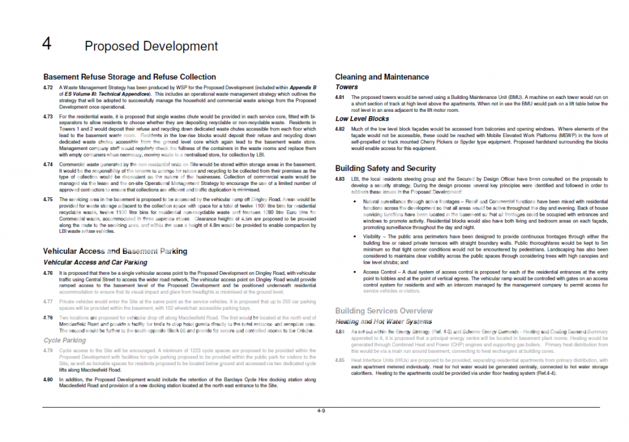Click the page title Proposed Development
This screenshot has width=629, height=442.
click(151, 46)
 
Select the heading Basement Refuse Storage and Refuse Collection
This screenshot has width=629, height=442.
click(129, 77)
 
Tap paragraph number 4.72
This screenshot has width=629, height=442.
click(48, 88)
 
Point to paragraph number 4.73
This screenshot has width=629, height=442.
click(48, 116)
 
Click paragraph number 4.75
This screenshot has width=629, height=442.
click(48, 199)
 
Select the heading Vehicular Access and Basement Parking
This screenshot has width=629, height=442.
click(115, 251)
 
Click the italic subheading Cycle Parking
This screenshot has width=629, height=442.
click(64, 340)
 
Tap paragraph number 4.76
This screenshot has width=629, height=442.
click(48, 272)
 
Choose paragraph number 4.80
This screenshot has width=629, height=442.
click(48, 379)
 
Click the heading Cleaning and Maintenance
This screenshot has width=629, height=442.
click(381, 77)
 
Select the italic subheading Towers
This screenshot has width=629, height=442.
click(346, 87)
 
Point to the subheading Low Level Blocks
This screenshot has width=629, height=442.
click(362, 119)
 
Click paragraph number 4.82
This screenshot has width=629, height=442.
click(340, 129)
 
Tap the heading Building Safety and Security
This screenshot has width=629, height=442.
click(385, 168)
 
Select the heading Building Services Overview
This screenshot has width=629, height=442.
click(383, 311)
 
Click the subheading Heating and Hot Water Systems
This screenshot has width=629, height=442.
click(383, 322)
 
